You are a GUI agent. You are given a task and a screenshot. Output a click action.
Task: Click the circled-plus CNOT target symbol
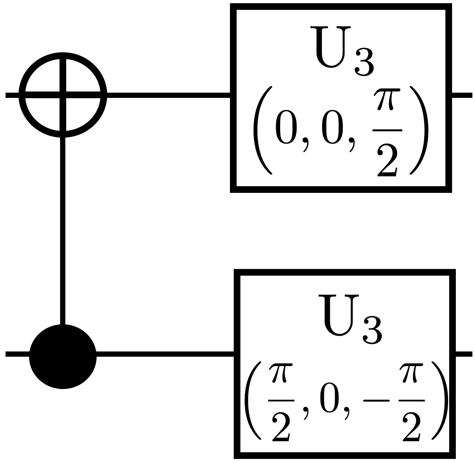[x=63, y=95]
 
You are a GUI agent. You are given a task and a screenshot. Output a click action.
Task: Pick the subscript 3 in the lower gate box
[x=372, y=332]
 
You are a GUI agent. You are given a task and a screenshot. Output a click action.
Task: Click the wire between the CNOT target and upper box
[x=168, y=95]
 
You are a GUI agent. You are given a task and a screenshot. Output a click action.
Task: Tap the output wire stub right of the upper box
[x=462, y=95]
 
